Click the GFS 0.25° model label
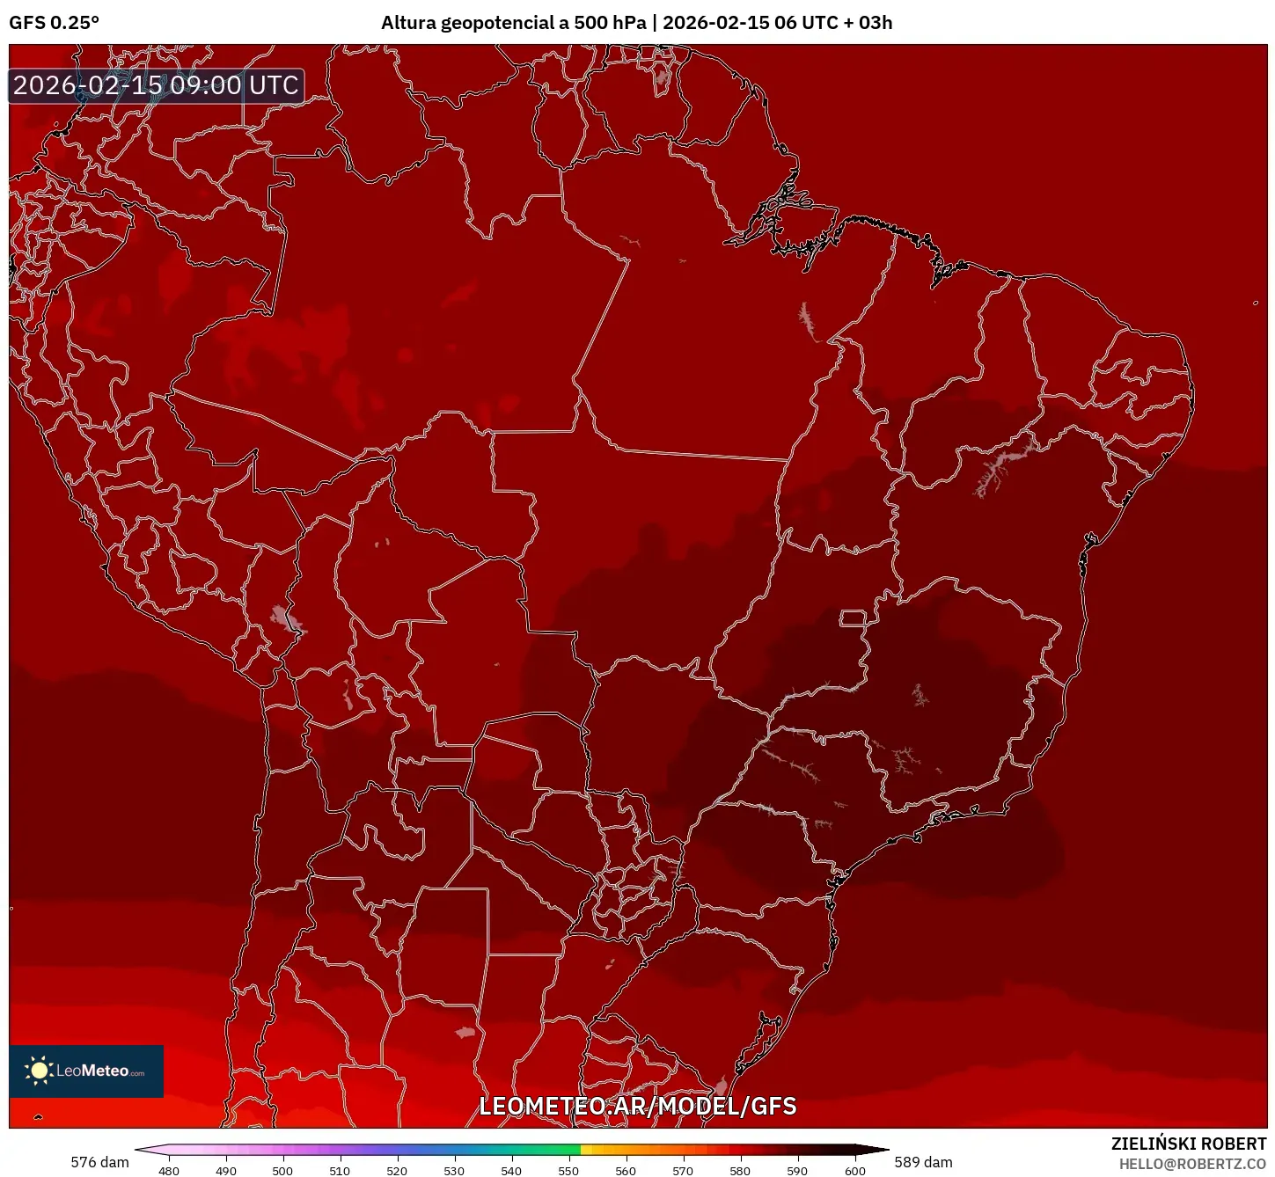click(54, 23)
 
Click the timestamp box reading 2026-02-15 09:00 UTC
click(157, 85)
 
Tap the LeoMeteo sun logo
click(39, 1070)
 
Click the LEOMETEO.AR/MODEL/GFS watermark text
click(637, 1106)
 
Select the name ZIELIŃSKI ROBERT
click(1188, 1144)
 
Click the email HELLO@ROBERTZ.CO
click(1191, 1164)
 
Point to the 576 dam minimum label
click(99, 1162)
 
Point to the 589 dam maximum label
click(923, 1162)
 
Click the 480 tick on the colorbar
click(169, 1171)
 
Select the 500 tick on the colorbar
click(282, 1171)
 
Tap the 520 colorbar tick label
click(397, 1171)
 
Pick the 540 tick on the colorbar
click(511, 1171)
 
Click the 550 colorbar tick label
click(568, 1171)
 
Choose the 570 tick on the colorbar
click(683, 1171)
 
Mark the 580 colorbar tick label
click(740, 1171)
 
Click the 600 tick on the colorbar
click(854, 1171)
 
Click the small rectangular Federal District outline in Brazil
click(853, 618)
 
